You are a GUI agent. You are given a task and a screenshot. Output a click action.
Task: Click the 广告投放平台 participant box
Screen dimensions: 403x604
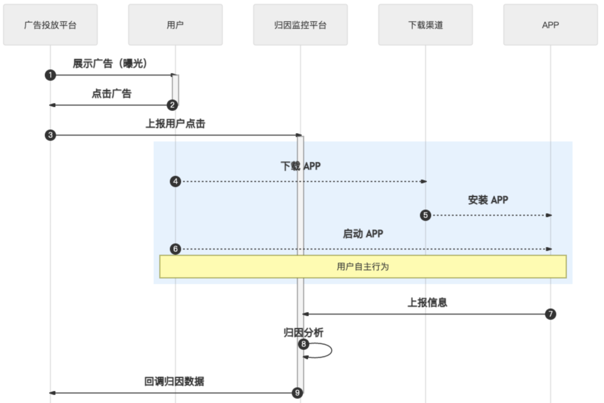[50, 25]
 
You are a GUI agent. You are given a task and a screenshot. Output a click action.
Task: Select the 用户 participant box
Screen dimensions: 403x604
[175, 25]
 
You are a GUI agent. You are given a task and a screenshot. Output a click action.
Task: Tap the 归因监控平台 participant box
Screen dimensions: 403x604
[300, 25]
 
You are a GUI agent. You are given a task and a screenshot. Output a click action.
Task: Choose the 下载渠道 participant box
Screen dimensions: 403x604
[425, 25]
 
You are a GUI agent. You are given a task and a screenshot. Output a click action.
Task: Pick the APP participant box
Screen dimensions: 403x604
[550, 25]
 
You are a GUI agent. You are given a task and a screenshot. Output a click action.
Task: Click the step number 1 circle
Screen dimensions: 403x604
[50, 75]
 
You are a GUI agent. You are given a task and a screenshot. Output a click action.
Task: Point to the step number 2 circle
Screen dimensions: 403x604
[173, 105]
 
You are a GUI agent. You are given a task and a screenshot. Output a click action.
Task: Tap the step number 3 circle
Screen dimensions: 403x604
[50, 135]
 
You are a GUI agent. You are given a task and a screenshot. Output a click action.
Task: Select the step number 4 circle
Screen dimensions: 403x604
[176, 181]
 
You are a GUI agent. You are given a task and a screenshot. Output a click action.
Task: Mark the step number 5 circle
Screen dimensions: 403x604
[426, 215]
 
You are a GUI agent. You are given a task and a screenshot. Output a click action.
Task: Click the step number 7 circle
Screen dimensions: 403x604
[550, 314]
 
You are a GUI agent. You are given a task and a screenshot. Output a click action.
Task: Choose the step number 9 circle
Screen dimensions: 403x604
[298, 393]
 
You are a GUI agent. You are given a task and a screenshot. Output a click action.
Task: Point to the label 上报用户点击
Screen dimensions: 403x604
[175, 124]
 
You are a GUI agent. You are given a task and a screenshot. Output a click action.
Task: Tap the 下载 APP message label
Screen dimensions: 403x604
[300, 166]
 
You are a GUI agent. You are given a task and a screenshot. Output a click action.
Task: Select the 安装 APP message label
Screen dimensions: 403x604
[488, 200]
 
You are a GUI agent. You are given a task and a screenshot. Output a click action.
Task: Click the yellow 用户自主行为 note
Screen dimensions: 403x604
[363, 266]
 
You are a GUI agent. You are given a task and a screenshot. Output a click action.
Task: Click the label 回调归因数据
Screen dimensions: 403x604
[174, 382]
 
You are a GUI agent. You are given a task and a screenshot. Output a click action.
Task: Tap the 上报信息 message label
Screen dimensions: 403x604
[427, 303]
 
